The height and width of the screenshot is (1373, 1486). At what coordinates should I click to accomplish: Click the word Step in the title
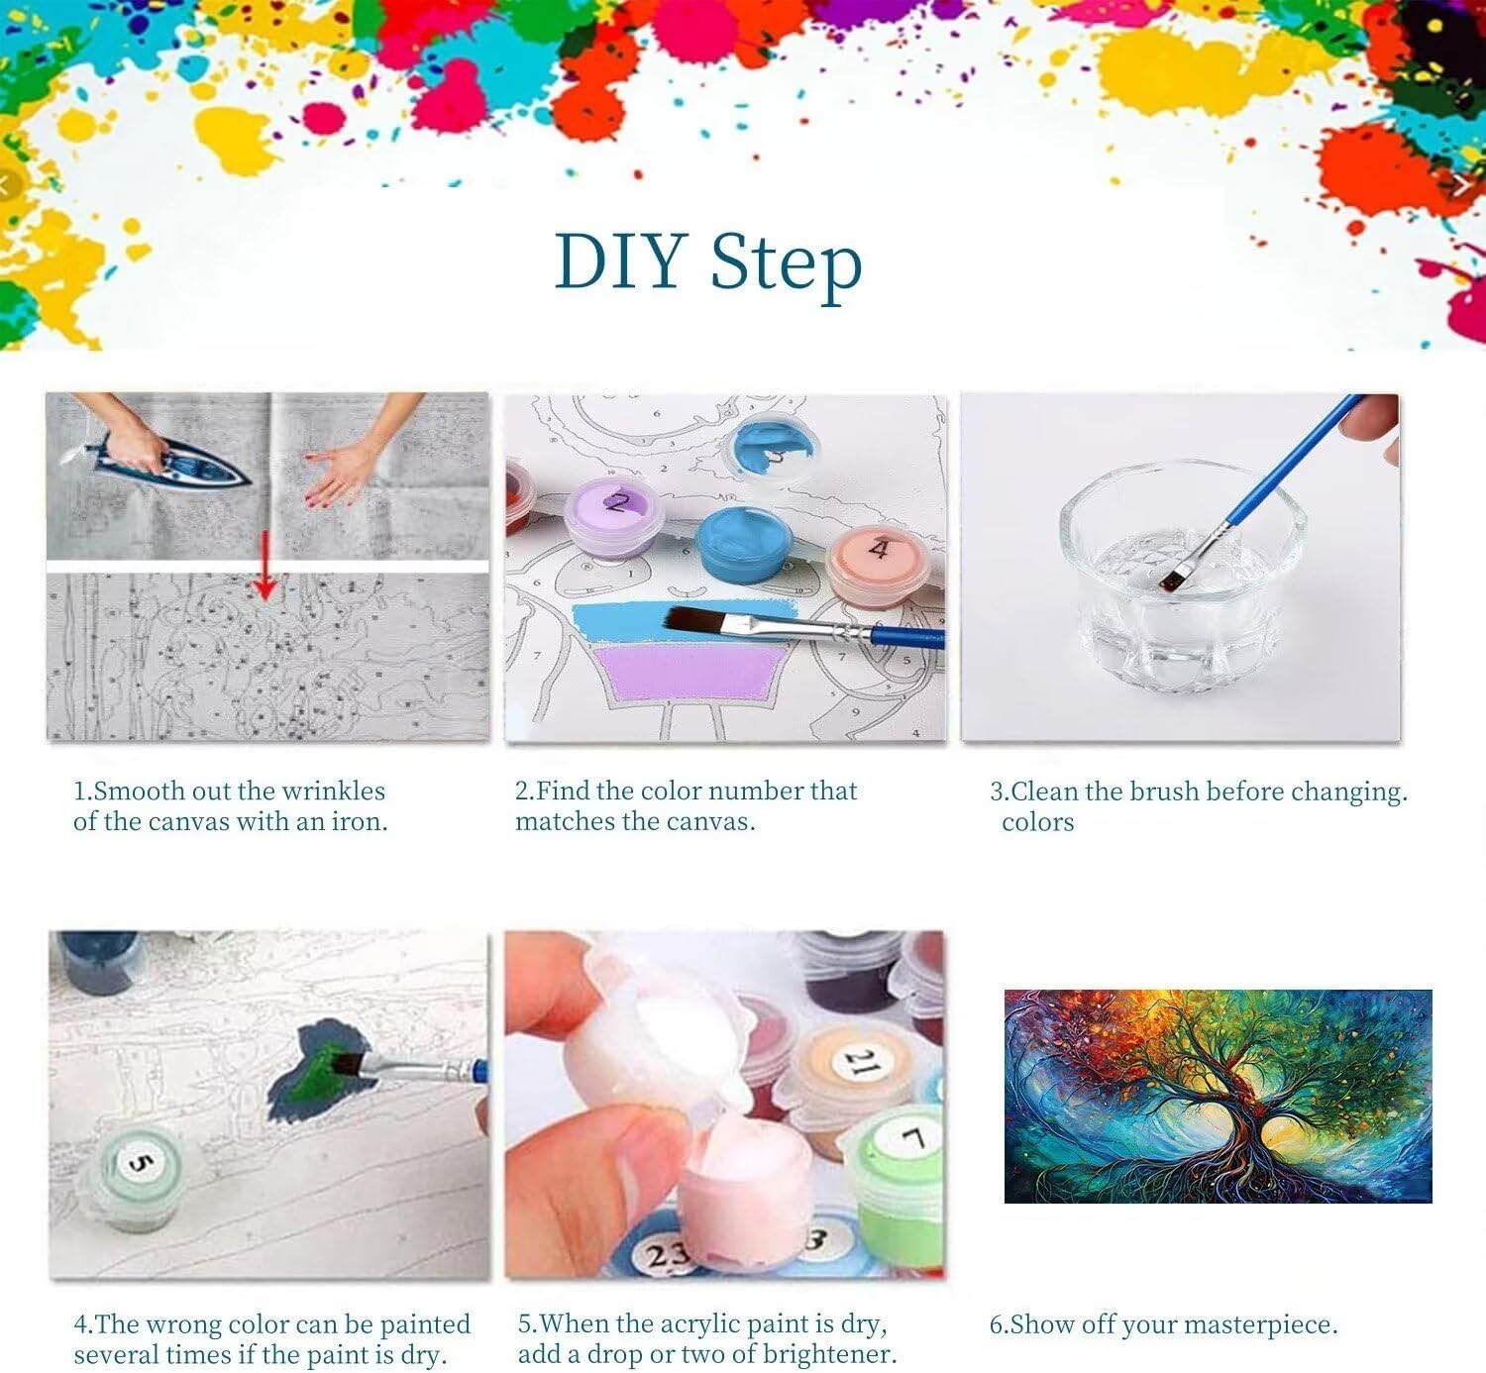tap(787, 265)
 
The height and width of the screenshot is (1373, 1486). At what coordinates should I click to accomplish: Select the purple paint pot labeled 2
tap(613, 517)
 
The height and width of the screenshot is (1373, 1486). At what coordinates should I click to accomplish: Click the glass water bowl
tap(1183, 574)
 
